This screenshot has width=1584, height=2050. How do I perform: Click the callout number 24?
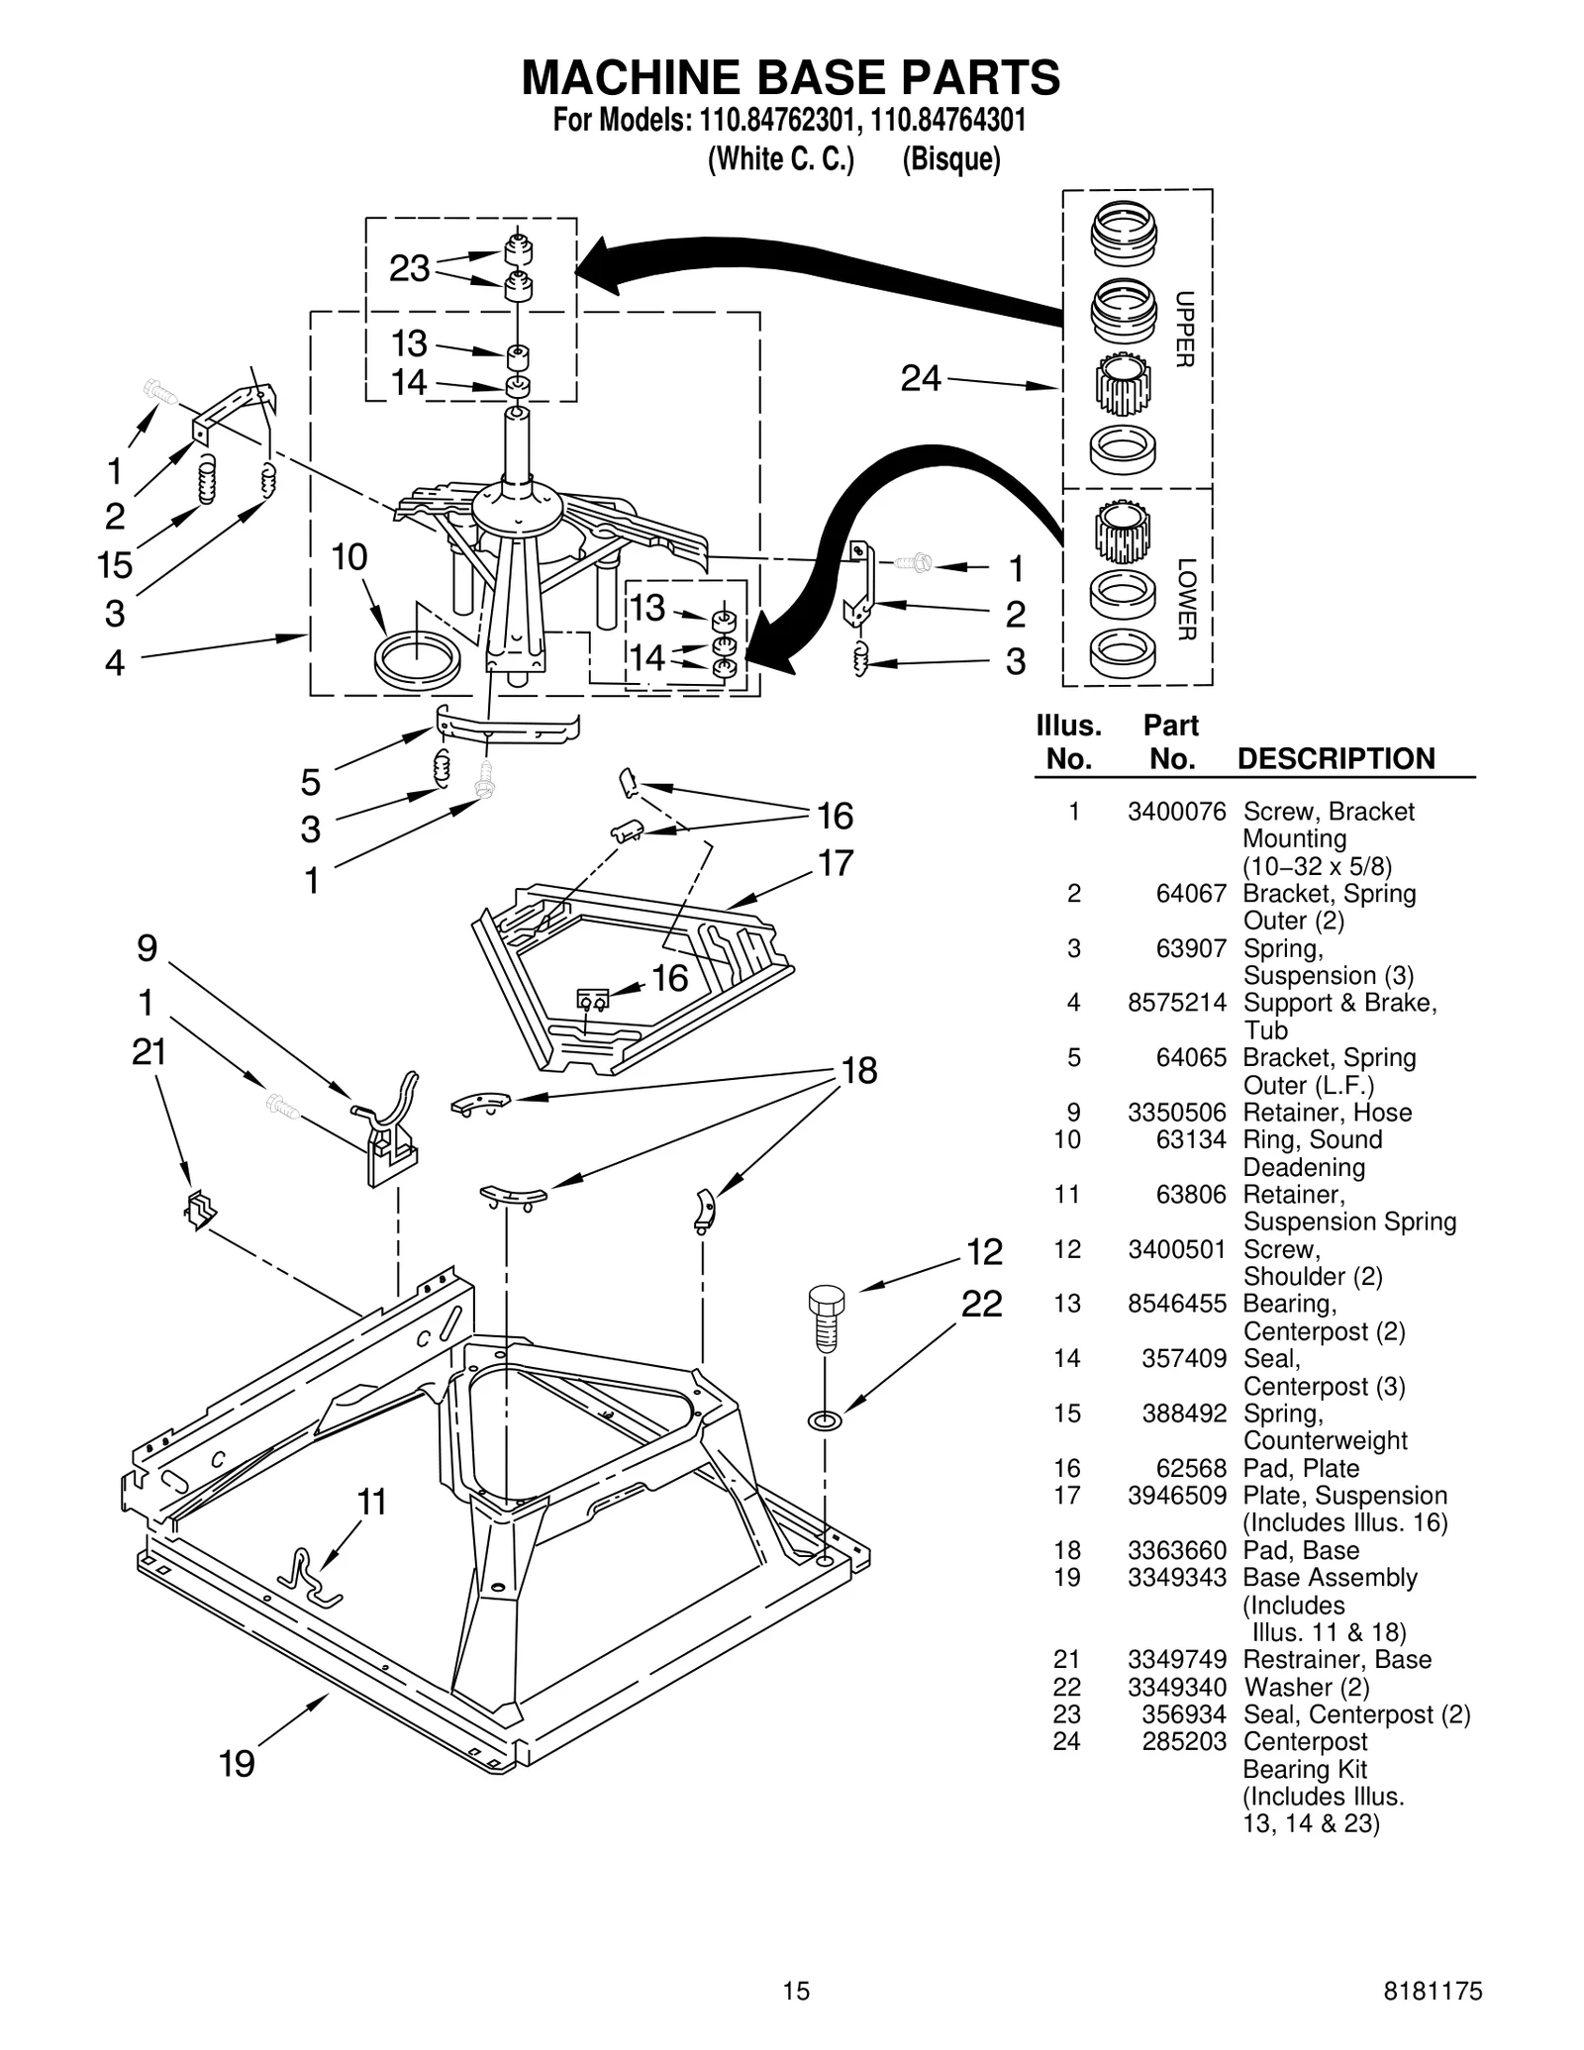pyautogui.click(x=920, y=379)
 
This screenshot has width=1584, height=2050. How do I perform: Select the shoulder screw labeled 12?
pyautogui.click(x=826, y=1318)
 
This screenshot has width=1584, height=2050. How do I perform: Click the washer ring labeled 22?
pyautogui.click(x=825, y=1421)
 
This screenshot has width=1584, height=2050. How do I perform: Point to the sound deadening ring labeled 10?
pyautogui.click(x=417, y=656)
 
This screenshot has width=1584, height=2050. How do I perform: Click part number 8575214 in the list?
pyautogui.click(x=1176, y=1003)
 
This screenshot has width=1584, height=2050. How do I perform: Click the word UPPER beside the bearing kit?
pyautogui.click(x=1185, y=330)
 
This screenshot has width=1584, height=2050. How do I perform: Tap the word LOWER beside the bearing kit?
pyautogui.click(x=1187, y=599)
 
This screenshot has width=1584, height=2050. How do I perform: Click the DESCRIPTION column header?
pyautogui.click(x=1336, y=759)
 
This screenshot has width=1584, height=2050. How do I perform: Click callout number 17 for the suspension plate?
pyautogui.click(x=836, y=863)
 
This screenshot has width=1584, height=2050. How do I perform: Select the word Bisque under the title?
pyautogui.click(x=950, y=159)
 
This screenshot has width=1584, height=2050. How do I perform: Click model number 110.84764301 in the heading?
pyautogui.click(x=948, y=121)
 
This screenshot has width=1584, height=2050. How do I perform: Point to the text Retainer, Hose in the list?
pyautogui.click(x=1327, y=1113)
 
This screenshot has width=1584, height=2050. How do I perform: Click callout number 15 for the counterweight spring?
pyautogui.click(x=115, y=565)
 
